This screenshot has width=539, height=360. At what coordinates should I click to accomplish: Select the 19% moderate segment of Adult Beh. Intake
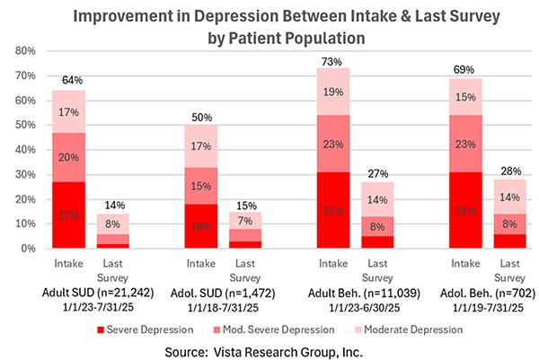[x=331, y=92]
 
